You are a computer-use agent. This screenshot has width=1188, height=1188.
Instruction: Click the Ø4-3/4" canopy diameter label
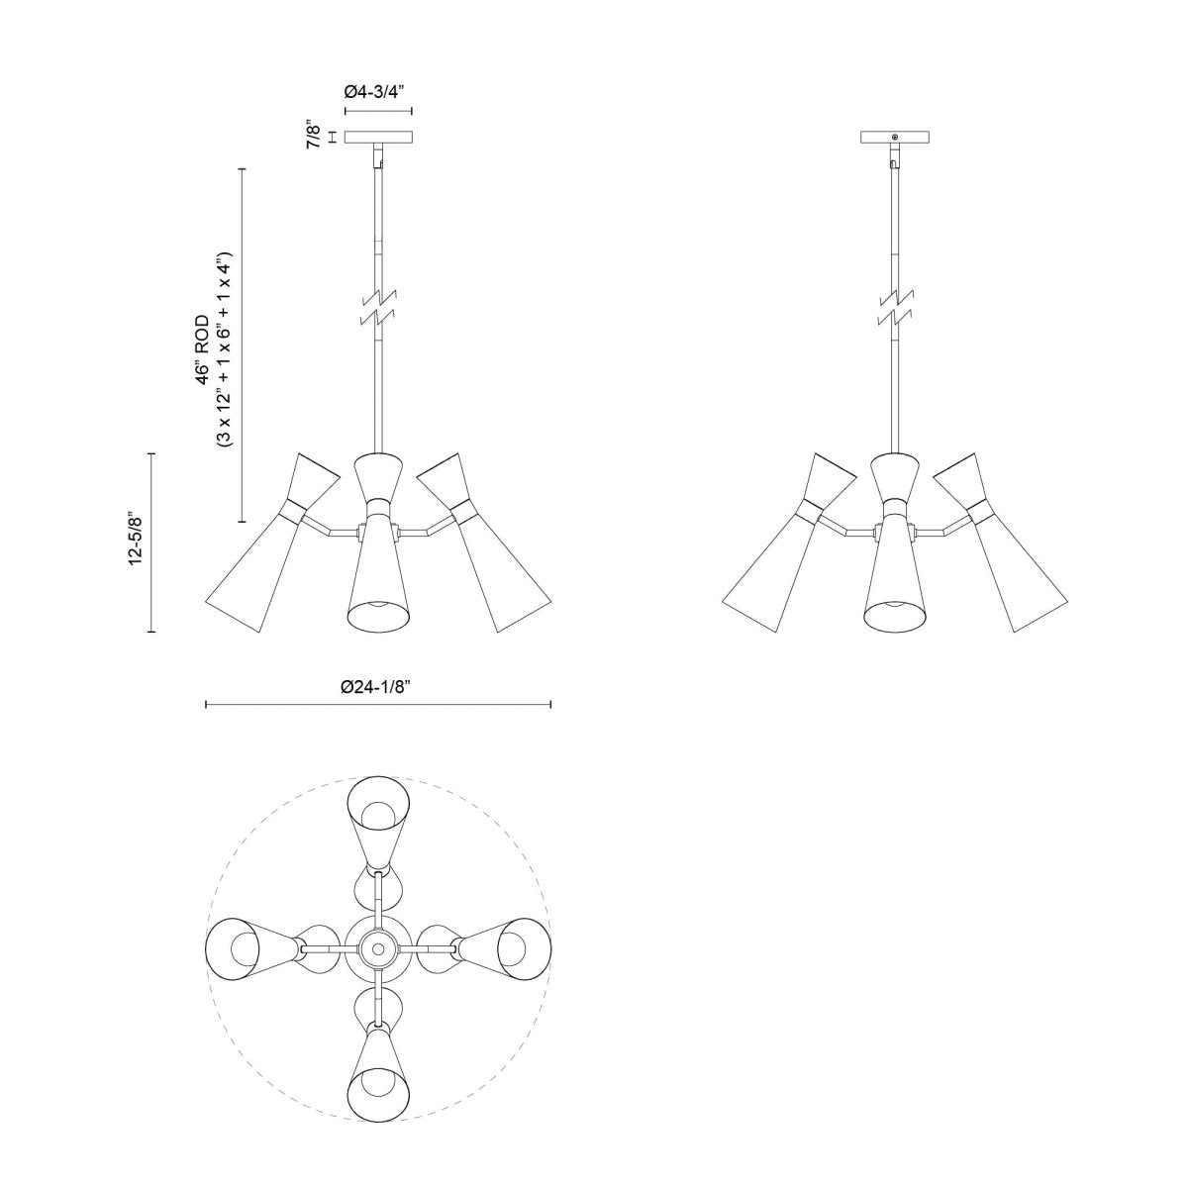tap(377, 91)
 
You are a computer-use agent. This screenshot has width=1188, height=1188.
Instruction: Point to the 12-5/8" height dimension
tap(137, 541)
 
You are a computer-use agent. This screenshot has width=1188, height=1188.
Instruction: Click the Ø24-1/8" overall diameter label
tap(377, 686)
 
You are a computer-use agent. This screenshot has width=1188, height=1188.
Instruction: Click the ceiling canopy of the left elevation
tap(377, 139)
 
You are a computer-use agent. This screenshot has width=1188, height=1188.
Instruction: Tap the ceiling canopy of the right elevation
tap(895, 139)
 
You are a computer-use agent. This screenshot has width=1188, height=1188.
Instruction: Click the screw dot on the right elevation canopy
tap(895, 137)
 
